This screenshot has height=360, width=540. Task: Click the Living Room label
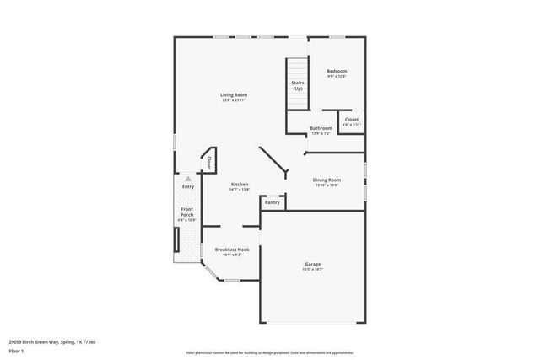click(233, 95)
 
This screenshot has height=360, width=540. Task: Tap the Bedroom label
click(337, 71)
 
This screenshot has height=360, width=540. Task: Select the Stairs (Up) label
click(297, 85)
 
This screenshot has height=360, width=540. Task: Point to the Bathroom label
click(321, 128)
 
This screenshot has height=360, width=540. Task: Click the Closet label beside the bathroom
click(352, 121)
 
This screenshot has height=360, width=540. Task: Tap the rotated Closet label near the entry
click(208, 162)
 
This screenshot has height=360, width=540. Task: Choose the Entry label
click(187, 186)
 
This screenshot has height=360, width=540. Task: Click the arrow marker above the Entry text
click(188, 179)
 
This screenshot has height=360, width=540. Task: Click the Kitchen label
click(240, 184)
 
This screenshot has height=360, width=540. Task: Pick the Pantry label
click(272, 202)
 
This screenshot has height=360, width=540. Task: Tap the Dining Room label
click(327, 180)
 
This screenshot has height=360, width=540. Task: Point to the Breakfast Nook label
click(231, 250)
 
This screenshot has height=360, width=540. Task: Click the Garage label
click(312, 265)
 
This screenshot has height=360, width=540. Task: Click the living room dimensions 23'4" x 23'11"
click(233, 100)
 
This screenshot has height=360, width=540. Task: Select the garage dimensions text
click(312, 271)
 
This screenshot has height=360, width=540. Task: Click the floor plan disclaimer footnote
click(269, 351)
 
